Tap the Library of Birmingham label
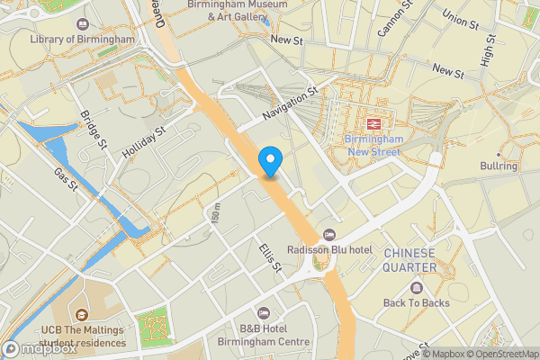pyautogui.click(x=82, y=40)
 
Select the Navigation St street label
pyautogui.click(x=291, y=104)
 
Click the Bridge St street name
pyautogui.click(x=93, y=130)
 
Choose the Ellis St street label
pyautogui.click(x=270, y=257)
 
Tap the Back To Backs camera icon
pyautogui.click(x=417, y=288)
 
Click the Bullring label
pyautogui.click(x=499, y=166)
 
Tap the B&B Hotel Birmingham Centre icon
pyautogui.click(x=263, y=312)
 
